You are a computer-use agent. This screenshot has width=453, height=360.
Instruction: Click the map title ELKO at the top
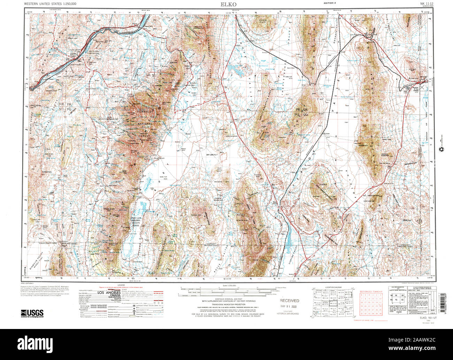[x=228, y=4]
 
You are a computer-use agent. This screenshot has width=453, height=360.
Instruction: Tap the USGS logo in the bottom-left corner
[x=32, y=313]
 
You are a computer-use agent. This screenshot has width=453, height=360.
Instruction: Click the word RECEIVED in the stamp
[x=290, y=300]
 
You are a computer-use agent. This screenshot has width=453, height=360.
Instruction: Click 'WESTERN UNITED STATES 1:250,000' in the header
[x=51, y=3]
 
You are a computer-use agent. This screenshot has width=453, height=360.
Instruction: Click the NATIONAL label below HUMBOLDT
[x=144, y=124]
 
